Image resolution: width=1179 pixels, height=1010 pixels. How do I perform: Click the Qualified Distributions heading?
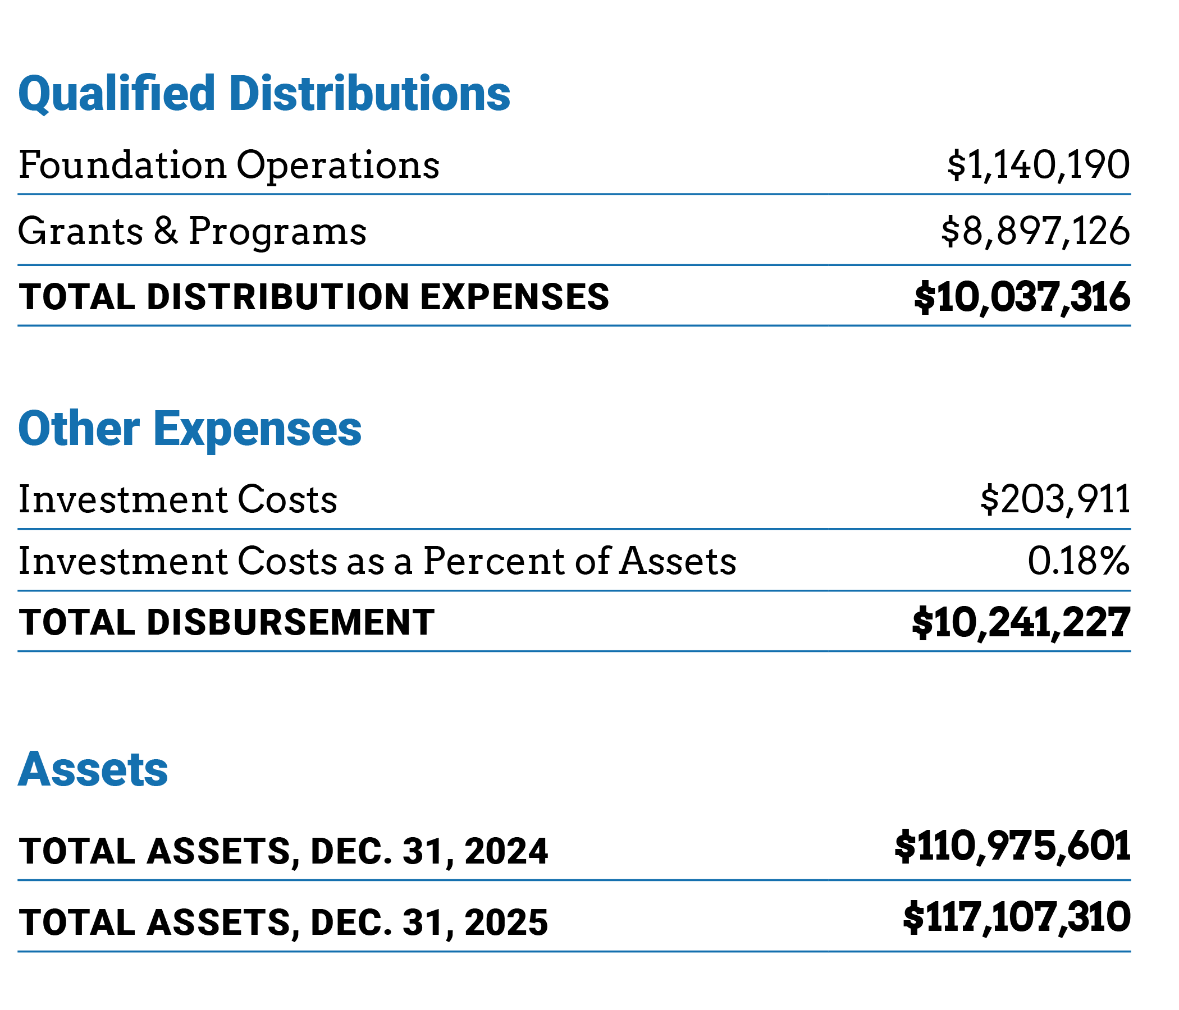(x=264, y=94)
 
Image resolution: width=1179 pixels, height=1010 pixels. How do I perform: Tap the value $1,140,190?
(x=1038, y=166)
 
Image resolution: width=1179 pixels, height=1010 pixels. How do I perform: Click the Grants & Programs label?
(x=193, y=231)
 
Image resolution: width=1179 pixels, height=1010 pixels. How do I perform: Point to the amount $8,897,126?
(x=1035, y=231)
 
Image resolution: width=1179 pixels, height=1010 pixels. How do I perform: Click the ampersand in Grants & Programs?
(x=166, y=231)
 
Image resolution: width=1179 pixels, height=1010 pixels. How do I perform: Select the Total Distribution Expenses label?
(x=313, y=297)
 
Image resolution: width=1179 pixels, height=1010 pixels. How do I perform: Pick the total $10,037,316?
(x=1022, y=297)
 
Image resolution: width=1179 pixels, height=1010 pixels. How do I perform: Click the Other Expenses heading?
(x=190, y=429)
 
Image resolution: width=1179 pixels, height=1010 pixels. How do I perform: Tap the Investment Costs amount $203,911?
(x=1054, y=500)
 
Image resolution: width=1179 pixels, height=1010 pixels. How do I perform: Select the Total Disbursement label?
(x=226, y=622)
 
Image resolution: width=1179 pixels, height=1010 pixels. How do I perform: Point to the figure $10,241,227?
(x=1021, y=622)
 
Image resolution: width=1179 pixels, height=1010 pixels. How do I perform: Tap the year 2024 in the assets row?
(x=506, y=851)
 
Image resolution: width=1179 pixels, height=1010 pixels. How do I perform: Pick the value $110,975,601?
(x=1012, y=847)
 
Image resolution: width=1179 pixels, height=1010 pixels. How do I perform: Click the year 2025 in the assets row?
(x=506, y=922)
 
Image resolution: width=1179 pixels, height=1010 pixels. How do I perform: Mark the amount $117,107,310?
(x=1016, y=918)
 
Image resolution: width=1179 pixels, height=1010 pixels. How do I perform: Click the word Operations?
(x=337, y=166)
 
